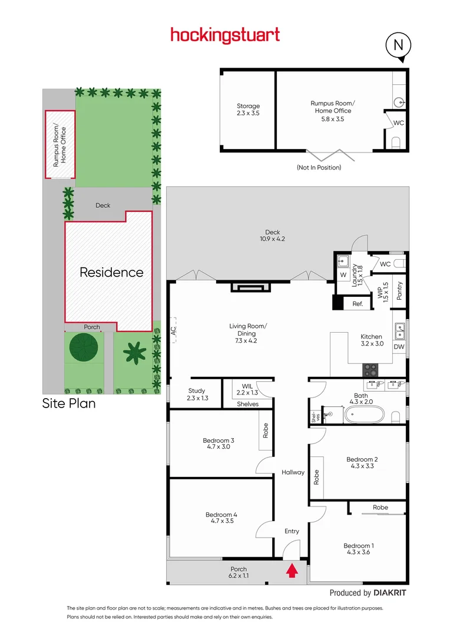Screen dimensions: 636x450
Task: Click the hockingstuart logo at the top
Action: [225, 35]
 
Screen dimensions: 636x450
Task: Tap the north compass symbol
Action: [399, 45]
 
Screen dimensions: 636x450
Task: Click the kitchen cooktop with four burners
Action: [370, 370]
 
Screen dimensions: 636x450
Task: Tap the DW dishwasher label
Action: [399, 347]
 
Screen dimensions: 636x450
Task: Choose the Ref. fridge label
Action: [357, 304]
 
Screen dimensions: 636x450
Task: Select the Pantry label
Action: [399, 291]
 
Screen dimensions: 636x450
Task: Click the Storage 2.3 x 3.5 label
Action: [248, 110]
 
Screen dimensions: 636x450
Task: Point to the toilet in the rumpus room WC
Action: [396, 141]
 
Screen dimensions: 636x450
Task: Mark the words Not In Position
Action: [319, 167]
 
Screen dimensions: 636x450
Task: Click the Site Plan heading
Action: [68, 404]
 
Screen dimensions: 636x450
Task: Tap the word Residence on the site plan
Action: [111, 272]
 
